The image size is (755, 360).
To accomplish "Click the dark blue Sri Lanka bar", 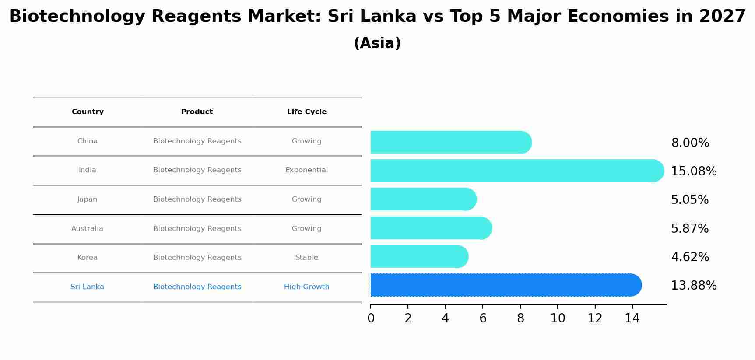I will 503,285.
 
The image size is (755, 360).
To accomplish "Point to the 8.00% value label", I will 690,143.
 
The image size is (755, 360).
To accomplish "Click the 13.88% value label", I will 694,286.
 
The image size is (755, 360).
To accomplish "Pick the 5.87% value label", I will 690,228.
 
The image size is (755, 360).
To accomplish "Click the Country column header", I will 88,112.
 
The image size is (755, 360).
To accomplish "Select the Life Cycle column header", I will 306,112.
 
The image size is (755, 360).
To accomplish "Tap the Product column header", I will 197,112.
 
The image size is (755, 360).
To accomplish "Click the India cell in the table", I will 88,170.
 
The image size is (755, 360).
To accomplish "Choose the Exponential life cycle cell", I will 306,170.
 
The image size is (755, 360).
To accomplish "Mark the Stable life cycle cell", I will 306,258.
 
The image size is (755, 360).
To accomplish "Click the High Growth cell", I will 306,287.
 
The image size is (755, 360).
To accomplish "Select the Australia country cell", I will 88,229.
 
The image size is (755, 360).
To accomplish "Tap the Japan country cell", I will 88,199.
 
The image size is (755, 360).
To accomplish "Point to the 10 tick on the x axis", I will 558,318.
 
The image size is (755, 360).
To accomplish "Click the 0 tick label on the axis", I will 371,318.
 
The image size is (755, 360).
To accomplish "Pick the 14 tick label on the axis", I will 632,318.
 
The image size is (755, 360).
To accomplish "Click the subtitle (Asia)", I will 377,43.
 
